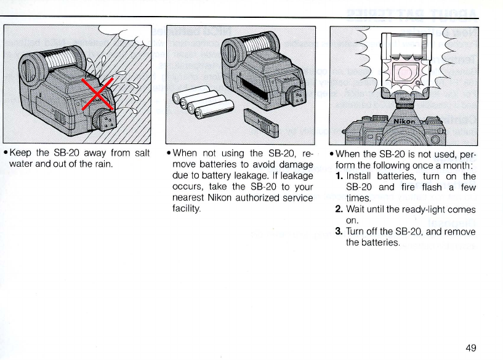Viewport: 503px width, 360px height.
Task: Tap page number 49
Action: [x=471, y=348]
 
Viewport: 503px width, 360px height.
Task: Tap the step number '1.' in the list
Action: [x=339, y=175]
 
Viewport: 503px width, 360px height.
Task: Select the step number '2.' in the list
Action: [x=339, y=209]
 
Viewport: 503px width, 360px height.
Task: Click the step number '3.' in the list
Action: [x=339, y=231]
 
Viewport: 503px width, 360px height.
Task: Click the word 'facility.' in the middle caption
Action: [x=188, y=209]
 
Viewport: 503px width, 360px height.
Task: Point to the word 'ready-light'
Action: [x=428, y=209]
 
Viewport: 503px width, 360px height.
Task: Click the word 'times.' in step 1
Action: [x=358, y=198]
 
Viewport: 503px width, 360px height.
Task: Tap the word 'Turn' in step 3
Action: [x=357, y=231]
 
